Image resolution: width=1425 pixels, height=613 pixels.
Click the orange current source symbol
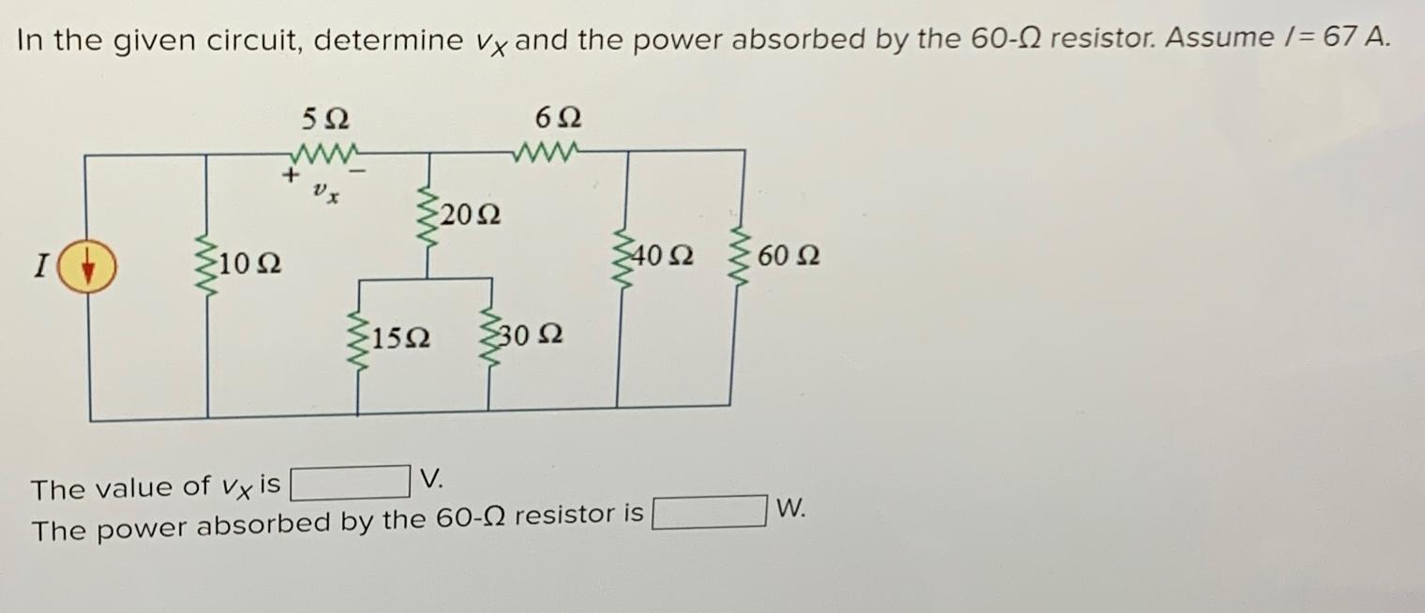(90, 267)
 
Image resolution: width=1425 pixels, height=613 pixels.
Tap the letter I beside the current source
(40, 267)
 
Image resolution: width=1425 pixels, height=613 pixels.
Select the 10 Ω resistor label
(250, 266)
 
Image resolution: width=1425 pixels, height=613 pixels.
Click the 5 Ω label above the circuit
(325, 119)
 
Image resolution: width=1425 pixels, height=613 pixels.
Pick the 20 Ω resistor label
(470, 215)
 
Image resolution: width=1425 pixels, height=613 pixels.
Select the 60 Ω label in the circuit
(790, 255)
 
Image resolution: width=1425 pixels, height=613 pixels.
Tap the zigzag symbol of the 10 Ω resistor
(206, 267)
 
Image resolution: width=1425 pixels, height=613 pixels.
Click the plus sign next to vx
(292, 174)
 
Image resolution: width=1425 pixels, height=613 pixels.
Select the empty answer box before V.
(350, 483)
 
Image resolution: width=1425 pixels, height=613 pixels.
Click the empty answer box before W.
(710, 513)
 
